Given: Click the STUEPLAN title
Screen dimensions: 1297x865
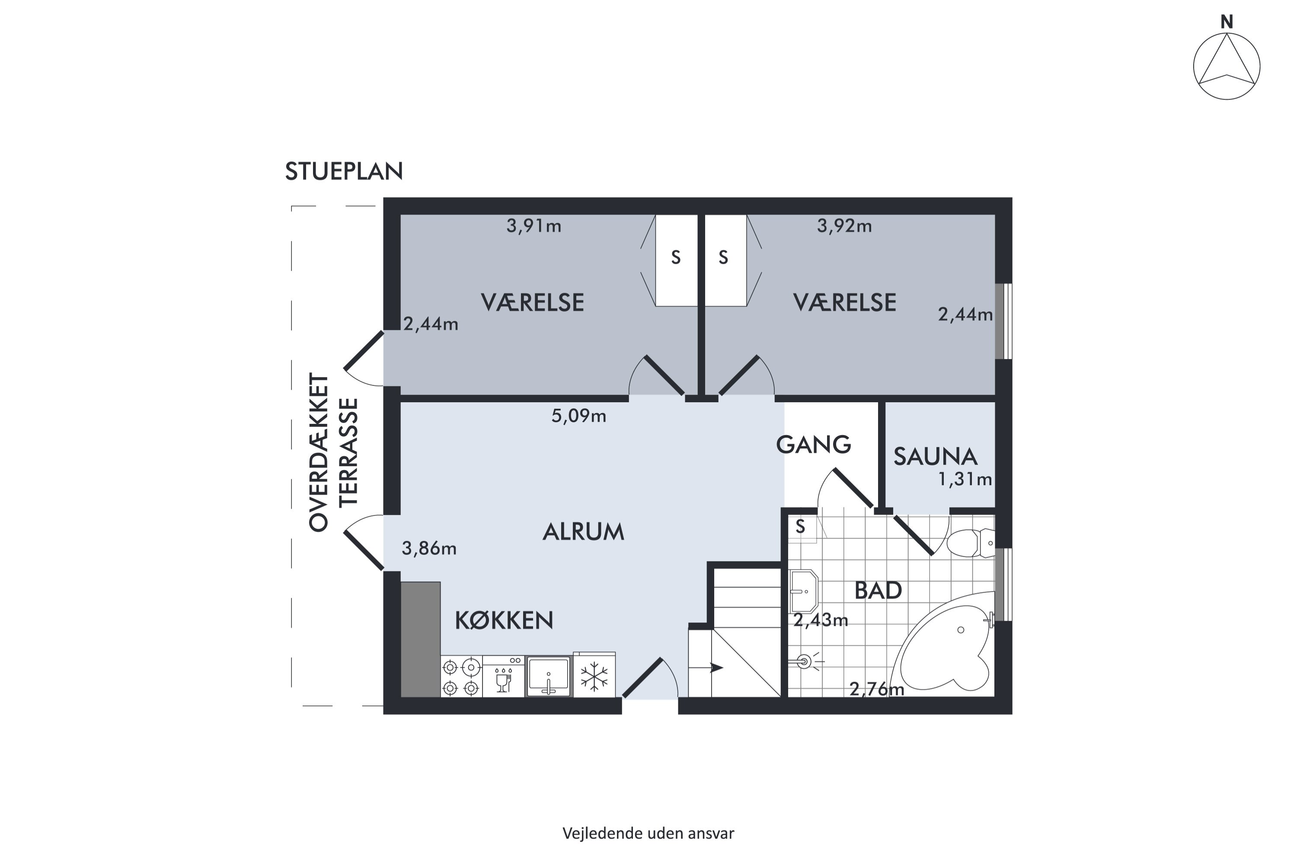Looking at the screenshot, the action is [x=344, y=172].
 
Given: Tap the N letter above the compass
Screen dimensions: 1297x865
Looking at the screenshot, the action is [x=1227, y=22].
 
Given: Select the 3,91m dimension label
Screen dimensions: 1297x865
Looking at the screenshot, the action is [x=534, y=226].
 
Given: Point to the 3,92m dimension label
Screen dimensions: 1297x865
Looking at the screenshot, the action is [x=844, y=226].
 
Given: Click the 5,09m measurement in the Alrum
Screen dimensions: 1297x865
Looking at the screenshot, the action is [x=578, y=415].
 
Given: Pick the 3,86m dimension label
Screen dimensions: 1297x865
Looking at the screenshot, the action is [x=429, y=548].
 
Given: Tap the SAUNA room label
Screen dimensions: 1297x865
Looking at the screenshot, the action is [x=935, y=457].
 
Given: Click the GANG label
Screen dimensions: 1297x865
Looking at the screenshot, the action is [x=813, y=445].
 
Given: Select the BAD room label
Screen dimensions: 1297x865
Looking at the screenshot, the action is [x=878, y=591].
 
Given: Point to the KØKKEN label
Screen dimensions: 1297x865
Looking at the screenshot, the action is [x=504, y=621].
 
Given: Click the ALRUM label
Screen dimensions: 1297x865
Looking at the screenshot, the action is [x=583, y=532].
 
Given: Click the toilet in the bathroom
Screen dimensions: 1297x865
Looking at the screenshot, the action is [x=971, y=543].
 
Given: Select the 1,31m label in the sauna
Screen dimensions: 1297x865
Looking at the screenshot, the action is [x=965, y=479].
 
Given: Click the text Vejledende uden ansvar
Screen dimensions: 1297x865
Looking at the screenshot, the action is [x=648, y=833].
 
